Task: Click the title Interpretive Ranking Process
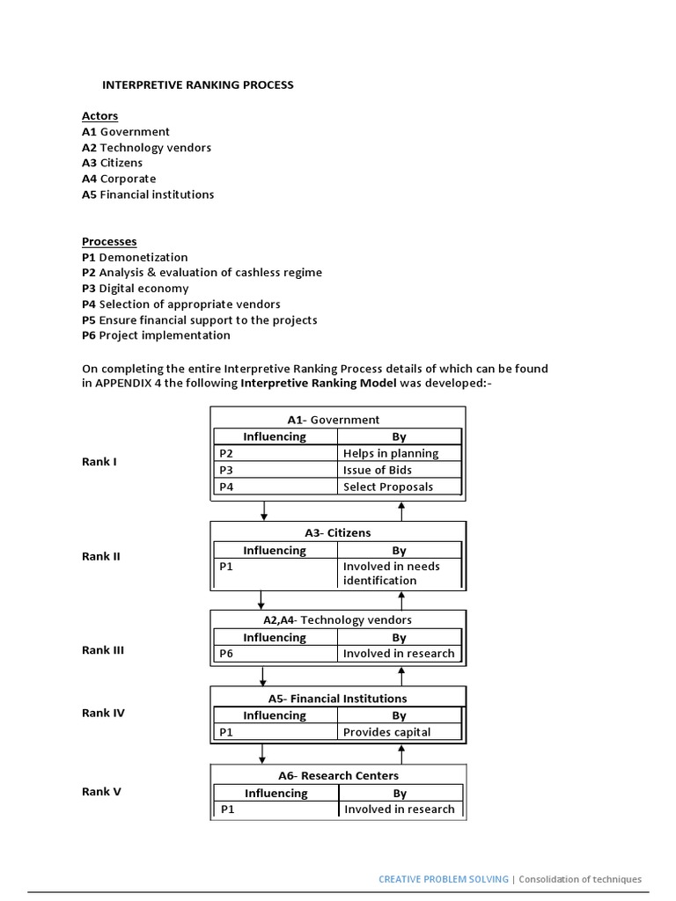[198, 85]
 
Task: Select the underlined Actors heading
[99, 116]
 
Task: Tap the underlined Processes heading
[109, 242]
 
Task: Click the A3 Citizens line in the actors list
[112, 163]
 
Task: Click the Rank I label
[99, 462]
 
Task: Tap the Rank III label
[103, 650]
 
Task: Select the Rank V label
[101, 791]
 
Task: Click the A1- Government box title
[333, 420]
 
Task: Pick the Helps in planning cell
[390, 453]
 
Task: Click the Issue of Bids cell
[377, 470]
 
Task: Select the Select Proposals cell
[388, 487]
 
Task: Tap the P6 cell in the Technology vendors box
[227, 654]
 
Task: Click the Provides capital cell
[387, 732]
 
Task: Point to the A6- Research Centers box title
[338, 775]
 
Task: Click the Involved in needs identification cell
[392, 574]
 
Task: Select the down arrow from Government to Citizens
[264, 511]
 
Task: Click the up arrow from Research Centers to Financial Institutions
[401, 754]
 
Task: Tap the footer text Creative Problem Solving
[444, 879]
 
